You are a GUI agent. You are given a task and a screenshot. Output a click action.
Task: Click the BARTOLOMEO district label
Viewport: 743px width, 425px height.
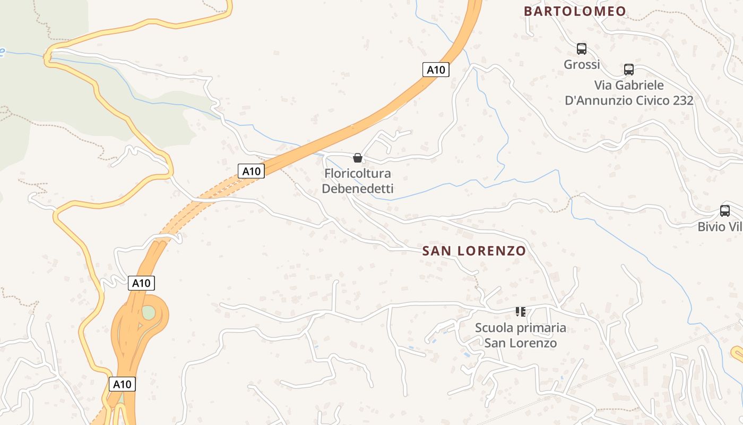[575, 11]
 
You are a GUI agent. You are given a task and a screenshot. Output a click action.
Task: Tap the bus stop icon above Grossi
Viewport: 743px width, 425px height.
[582, 49]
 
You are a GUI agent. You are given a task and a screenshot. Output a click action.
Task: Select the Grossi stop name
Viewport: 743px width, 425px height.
[582, 65]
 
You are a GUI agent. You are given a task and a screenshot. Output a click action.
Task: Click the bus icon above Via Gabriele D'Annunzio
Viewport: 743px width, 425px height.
[629, 69]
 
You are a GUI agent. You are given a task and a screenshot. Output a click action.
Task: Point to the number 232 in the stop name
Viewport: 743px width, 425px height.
[682, 100]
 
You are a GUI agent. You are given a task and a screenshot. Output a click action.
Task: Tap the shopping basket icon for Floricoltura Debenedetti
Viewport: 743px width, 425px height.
[358, 158]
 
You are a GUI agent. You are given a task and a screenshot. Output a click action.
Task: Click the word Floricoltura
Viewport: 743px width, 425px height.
[358, 173]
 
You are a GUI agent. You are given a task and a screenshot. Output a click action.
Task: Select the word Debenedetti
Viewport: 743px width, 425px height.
[358, 189]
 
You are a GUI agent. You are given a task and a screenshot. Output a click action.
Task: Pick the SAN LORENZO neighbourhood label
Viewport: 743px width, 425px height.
[474, 251]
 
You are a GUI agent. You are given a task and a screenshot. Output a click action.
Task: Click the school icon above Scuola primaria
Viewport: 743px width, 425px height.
[521, 312]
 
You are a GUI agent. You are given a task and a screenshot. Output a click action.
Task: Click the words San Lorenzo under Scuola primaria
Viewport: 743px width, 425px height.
[521, 343]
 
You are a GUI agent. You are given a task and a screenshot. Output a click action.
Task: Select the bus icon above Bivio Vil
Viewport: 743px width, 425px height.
[725, 211]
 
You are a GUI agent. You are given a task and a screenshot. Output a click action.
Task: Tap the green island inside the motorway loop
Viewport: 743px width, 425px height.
[149, 312]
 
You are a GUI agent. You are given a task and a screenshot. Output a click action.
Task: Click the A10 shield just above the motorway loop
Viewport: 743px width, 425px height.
[141, 283]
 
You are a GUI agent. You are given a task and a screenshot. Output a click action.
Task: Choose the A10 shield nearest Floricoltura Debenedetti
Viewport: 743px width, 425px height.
[251, 171]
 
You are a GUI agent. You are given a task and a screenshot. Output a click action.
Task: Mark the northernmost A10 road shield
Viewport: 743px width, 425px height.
[436, 70]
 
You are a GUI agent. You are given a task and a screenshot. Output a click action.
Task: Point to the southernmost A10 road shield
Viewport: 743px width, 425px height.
[122, 384]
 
